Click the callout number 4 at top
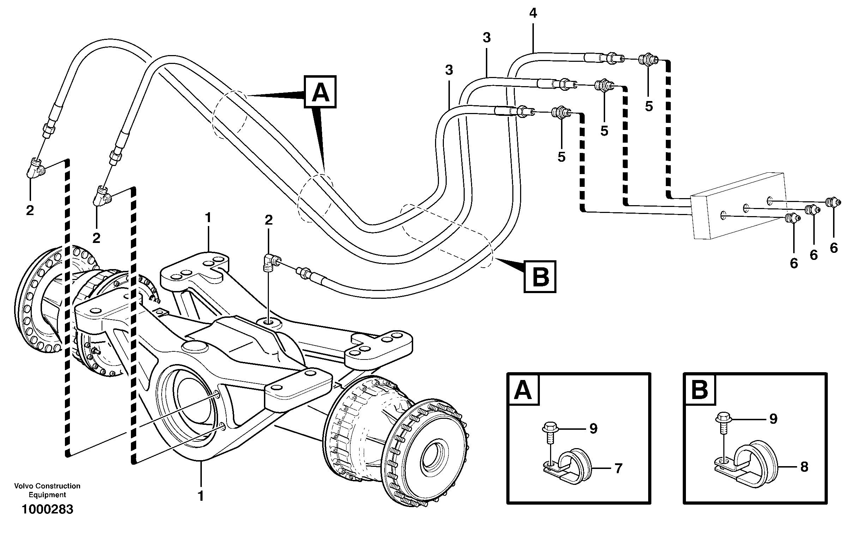(533, 13)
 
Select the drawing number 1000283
(48, 509)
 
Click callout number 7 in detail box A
(619, 469)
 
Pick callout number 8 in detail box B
(804, 467)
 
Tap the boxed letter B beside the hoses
(540, 277)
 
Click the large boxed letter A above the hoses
(320, 92)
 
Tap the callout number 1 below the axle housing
(201, 496)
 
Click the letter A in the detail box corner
(523, 390)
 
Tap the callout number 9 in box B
(773, 419)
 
